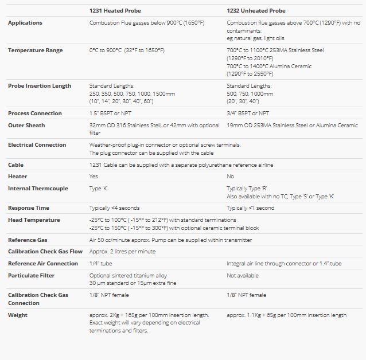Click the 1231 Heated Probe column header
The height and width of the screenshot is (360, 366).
(x=115, y=10)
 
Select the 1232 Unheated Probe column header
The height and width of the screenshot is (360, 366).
(x=256, y=10)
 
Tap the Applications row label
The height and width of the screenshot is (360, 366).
(x=25, y=23)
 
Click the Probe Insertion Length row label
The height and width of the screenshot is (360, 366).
(x=40, y=86)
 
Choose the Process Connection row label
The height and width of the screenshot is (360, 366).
(x=34, y=114)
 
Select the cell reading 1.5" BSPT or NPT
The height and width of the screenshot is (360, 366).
(x=114, y=114)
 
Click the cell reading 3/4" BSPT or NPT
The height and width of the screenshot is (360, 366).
(x=248, y=114)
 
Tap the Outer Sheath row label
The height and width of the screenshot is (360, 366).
(x=26, y=126)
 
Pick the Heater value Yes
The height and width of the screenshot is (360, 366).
(x=94, y=177)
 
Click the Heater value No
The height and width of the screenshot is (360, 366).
(x=230, y=177)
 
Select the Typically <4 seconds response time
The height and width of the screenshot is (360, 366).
(x=114, y=208)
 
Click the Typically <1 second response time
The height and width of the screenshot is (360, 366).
(x=250, y=208)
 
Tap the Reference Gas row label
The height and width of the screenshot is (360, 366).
(x=28, y=240)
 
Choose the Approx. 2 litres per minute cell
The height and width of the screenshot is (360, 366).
(x=122, y=252)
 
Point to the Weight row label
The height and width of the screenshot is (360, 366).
(x=18, y=315)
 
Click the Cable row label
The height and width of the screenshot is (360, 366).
(x=15, y=165)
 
